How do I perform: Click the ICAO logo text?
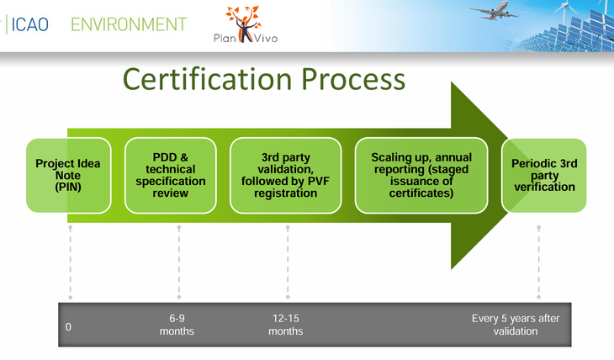coord(32,24)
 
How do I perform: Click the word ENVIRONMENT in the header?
coord(129,24)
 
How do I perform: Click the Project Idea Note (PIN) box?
coord(67,175)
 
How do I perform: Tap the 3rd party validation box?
coord(285,175)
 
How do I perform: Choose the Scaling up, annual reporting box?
coord(421,175)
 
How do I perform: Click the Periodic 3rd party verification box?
coord(543,175)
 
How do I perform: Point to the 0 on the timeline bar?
coord(68,326)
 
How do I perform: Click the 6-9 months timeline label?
coord(177,325)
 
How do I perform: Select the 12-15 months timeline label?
coord(286,325)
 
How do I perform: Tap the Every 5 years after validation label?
coord(515,325)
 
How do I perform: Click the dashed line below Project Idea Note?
coord(71,261)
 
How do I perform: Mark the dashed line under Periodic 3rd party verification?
coord(538,261)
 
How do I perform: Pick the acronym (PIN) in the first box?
coord(67,188)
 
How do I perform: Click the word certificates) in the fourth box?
coord(421,193)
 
